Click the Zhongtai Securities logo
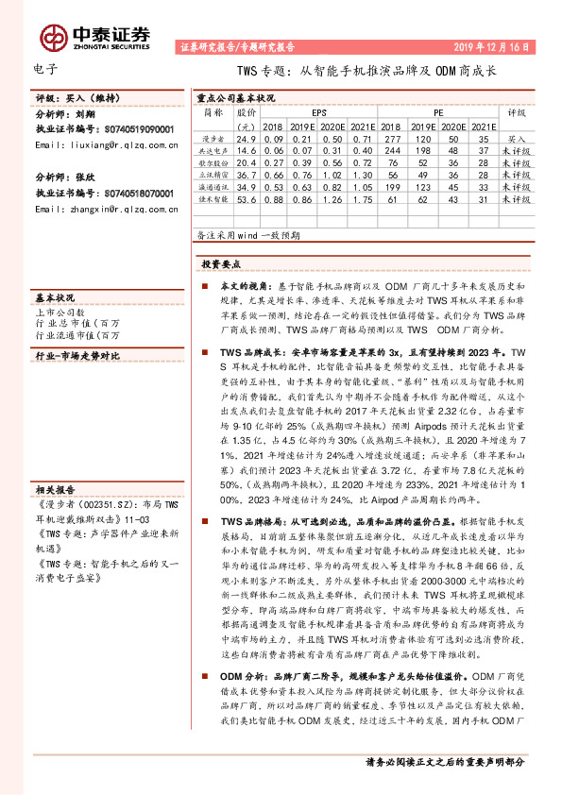pos(95,36)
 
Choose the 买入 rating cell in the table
pos(516,138)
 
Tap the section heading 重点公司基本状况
pos(235,96)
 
